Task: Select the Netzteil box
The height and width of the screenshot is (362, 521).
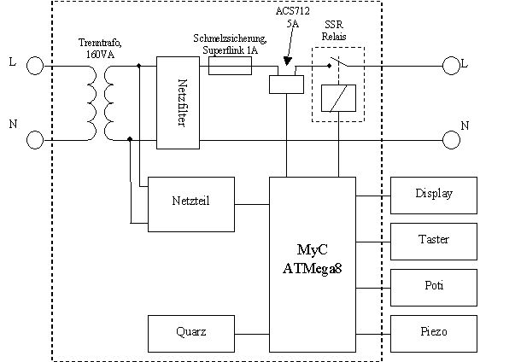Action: [x=191, y=204]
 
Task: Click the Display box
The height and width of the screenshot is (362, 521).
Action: [x=433, y=195]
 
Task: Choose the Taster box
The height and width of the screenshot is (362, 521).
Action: [x=433, y=240]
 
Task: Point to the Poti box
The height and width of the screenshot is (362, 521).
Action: [x=433, y=284]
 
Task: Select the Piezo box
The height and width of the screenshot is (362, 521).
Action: [x=433, y=330]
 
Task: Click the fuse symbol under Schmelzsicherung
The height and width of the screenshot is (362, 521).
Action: [x=230, y=66]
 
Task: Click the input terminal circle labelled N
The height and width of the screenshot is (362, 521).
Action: [x=35, y=139]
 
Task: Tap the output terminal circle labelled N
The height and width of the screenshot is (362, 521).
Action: [x=452, y=139]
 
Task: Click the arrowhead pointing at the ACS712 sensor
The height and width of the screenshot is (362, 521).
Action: [x=287, y=62]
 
